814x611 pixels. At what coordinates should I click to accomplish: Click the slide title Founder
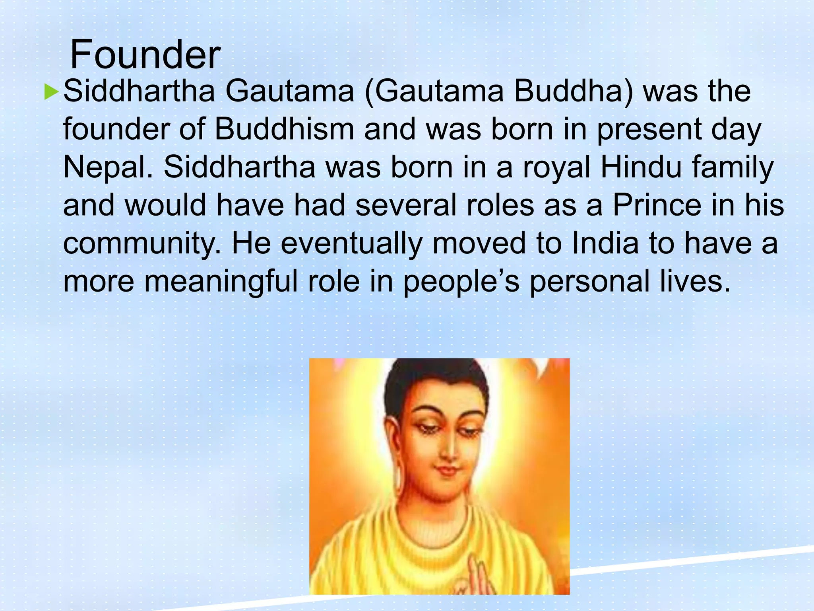[x=145, y=54]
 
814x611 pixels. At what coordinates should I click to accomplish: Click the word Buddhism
[x=284, y=130]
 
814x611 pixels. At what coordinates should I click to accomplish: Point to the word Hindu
[x=641, y=167]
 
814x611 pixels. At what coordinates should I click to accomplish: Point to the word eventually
[x=351, y=244]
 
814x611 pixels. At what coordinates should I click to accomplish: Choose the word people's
[x=461, y=282]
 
